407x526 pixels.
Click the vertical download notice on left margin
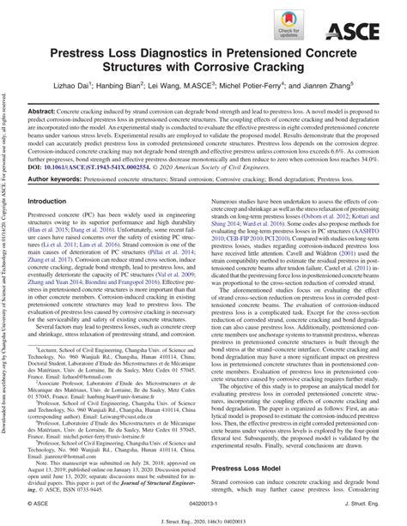6,257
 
